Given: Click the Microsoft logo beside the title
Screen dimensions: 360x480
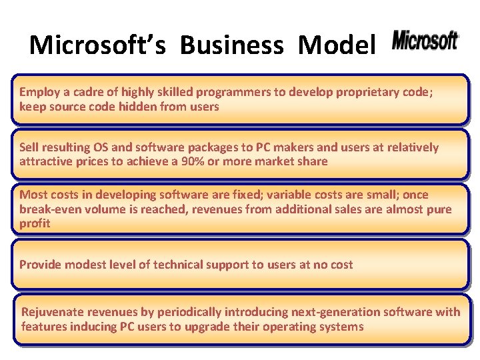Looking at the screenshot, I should [x=425, y=41].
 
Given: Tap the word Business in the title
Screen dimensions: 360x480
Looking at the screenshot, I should [x=231, y=45].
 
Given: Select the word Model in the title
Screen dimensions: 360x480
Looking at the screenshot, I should [x=337, y=45].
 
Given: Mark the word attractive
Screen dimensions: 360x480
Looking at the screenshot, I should [x=45, y=162].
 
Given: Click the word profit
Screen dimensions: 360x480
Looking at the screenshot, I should [x=35, y=224].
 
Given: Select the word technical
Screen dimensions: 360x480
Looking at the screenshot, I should [x=180, y=265].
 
